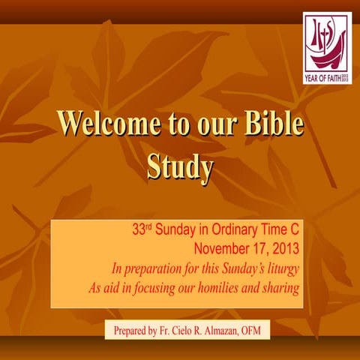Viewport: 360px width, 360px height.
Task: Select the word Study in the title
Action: pyautogui.click(x=180, y=167)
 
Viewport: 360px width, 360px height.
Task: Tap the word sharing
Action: pyautogui.click(x=279, y=287)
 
